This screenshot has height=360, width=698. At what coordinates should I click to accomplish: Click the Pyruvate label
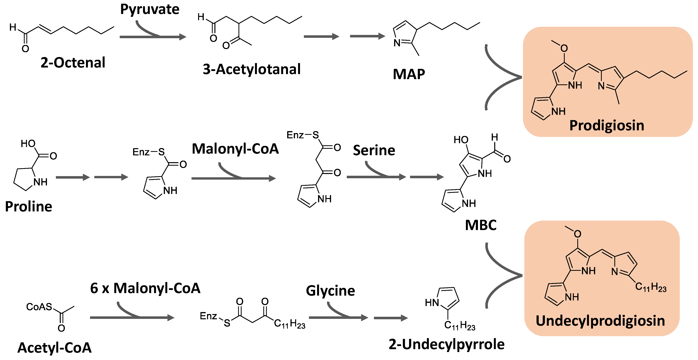click(x=150, y=10)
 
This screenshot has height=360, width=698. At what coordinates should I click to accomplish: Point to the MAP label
click(x=409, y=74)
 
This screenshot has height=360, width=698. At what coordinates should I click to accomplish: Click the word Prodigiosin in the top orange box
click(x=606, y=125)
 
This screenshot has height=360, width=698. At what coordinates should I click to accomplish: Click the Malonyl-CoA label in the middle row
click(x=235, y=149)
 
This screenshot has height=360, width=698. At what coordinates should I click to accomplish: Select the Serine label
click(x=374, y=150)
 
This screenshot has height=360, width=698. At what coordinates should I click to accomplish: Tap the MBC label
click(x=480, y=225)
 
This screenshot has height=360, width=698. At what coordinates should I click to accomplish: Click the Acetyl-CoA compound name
click(x=55, y=348)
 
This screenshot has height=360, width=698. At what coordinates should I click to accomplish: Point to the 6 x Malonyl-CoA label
click(x=145, y=288)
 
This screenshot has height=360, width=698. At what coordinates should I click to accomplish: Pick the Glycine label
click(x=330, y=291)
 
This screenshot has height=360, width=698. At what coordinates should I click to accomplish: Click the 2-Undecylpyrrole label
click(x=447, y=344)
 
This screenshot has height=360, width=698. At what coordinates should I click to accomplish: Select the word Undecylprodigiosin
click(x=600, y=321)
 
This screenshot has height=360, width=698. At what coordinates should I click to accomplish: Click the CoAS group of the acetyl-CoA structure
click(x=39, y=307)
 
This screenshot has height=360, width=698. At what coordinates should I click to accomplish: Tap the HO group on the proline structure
click(x=28, y=144)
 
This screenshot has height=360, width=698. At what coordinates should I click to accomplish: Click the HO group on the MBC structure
click(x=461, y=140)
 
